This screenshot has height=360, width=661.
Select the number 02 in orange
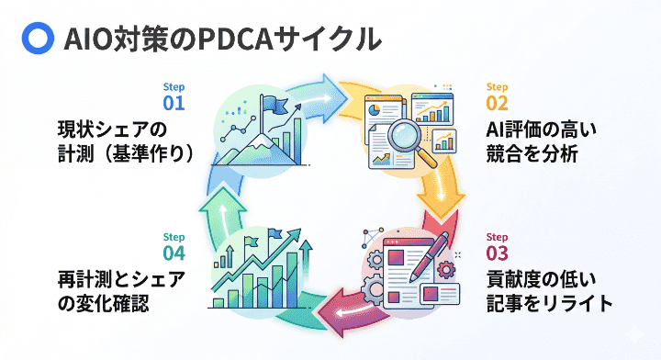point(498,103)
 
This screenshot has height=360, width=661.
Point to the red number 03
point(498,253)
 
